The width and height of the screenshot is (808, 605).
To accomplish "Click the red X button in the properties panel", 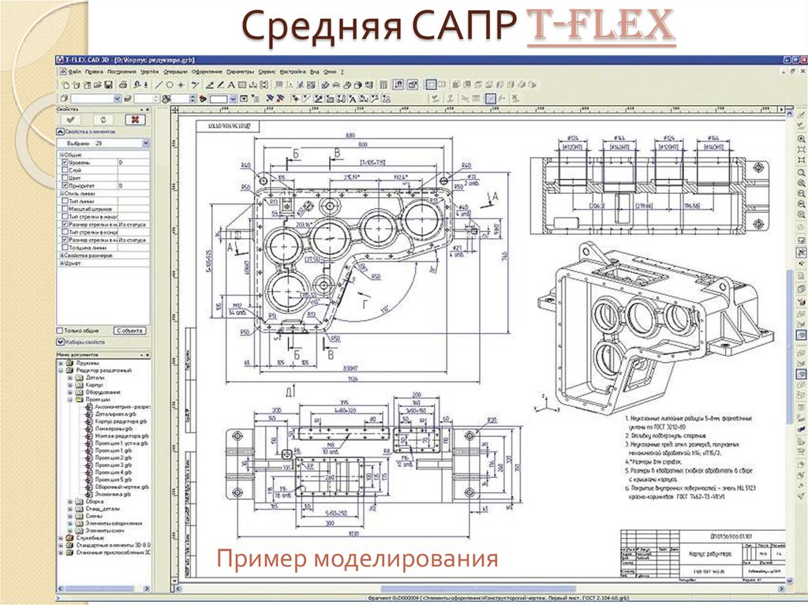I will point(135,118).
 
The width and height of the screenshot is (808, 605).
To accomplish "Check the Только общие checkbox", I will point(60,331).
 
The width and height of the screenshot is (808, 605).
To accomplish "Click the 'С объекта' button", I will point(130,331).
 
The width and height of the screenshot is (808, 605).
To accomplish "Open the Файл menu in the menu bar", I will point(74,71).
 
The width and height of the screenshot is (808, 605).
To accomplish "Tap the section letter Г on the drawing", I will point(364,302).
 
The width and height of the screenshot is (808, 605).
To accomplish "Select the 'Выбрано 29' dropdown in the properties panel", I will point(103,144).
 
